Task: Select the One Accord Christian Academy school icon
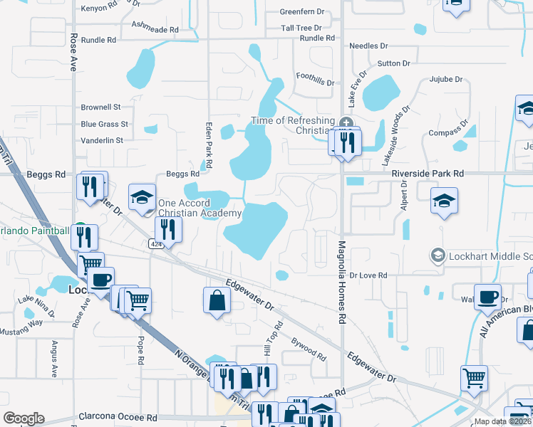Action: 142,198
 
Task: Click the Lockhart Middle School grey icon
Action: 438,255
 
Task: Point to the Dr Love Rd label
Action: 368,275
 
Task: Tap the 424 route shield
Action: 154,243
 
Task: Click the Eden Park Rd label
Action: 209,145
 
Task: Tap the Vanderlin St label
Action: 102,141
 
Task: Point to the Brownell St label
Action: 100,107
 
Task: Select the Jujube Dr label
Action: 446,80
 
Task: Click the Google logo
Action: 24,418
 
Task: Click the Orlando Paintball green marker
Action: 81,229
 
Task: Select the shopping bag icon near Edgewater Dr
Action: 216,300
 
